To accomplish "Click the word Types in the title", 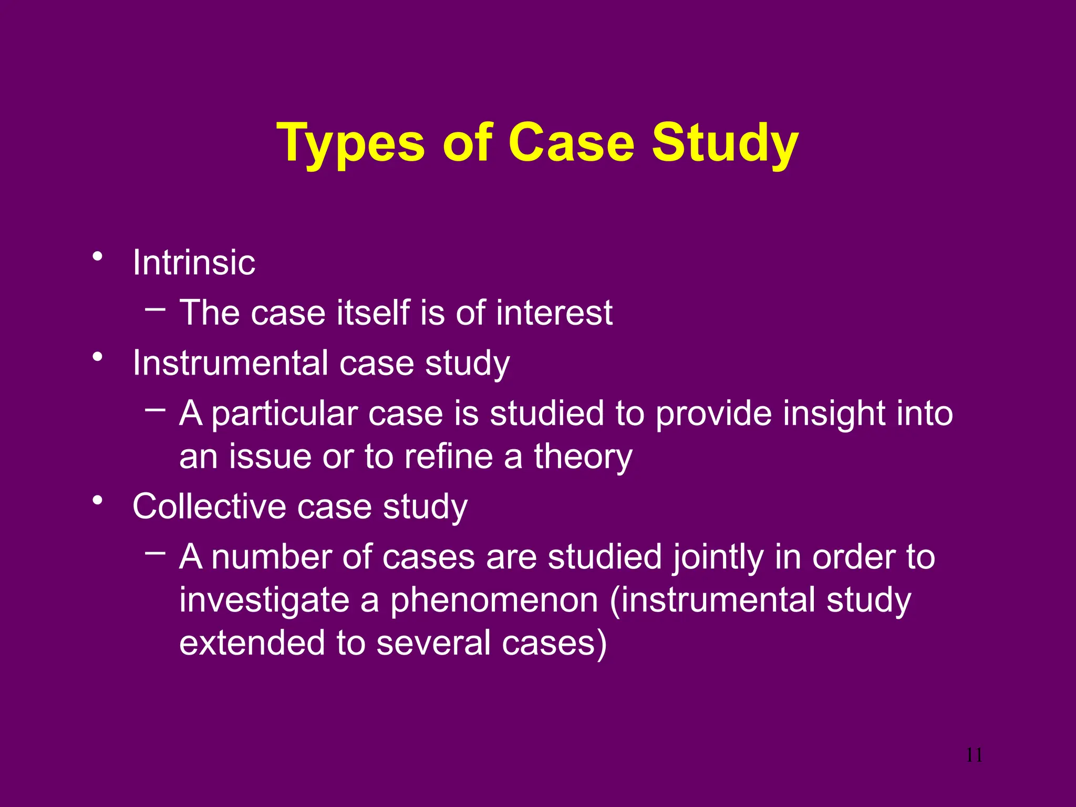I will (350, 143).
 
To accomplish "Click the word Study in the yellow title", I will (725, 143).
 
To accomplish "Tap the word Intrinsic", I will (193, 262).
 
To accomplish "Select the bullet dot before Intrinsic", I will (97, 257).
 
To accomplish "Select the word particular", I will (285, 413).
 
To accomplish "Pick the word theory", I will (583, 457).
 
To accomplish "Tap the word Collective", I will (209, 506).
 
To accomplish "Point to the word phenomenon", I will (494, 600).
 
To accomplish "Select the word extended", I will (252, 643).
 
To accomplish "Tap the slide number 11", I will (974, 756).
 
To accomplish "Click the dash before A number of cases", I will (156, 552).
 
